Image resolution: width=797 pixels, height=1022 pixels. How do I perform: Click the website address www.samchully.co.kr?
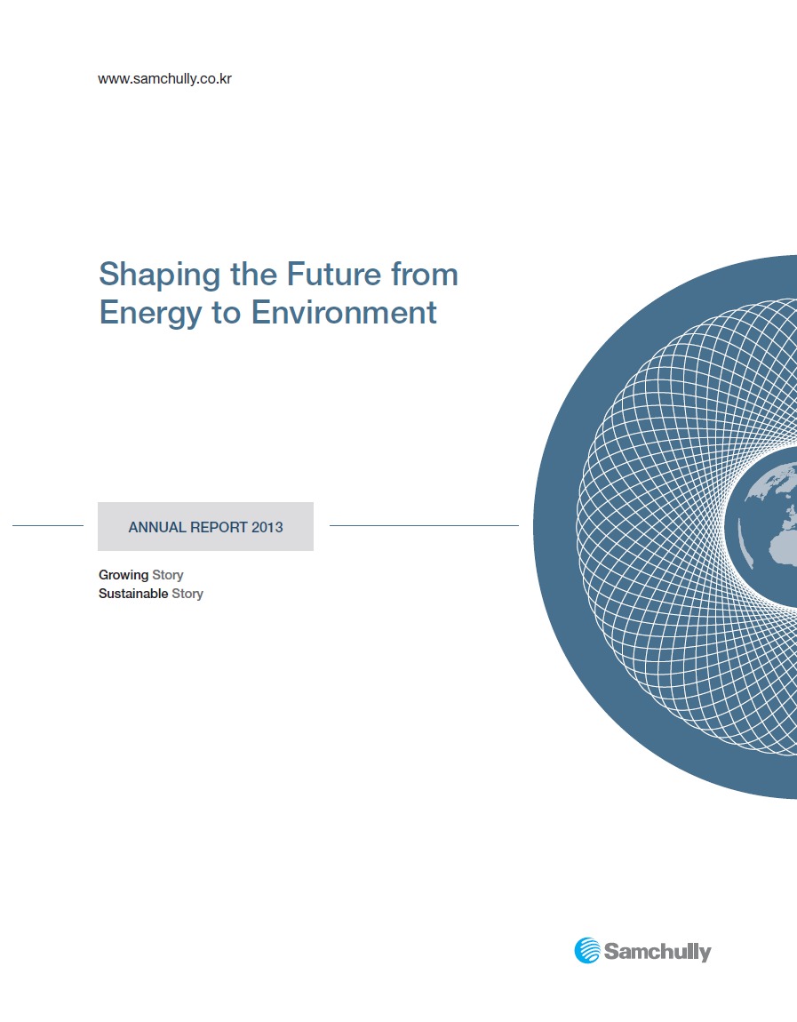coord(165,79)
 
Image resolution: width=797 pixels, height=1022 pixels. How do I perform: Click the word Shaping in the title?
coord(160,275)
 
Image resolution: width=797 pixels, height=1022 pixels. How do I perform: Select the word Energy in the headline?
coord(150,314)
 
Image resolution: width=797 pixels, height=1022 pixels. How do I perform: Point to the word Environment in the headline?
coord(344,312)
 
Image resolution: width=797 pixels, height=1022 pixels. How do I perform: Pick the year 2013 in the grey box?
coord(267,527)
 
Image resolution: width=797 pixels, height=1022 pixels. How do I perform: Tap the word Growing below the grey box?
coord(124,576)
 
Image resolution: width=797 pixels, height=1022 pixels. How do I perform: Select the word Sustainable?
coord(133,594)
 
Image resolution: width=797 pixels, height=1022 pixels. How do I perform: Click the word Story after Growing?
coord(167,576)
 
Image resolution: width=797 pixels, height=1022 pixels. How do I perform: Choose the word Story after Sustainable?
coord(187,595)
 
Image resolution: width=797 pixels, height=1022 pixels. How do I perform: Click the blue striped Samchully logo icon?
coord(587,950)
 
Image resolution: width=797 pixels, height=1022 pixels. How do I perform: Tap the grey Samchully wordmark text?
coord(658,952)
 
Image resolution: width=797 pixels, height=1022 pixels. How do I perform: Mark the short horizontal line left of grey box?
coord(48,525)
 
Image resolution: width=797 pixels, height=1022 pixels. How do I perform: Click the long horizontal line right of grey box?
coord(424,525)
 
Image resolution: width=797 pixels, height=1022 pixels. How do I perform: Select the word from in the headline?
coord(425,274)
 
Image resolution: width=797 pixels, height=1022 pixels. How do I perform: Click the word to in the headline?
coord(227,314)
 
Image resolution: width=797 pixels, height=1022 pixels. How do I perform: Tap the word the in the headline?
coord(254,274)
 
